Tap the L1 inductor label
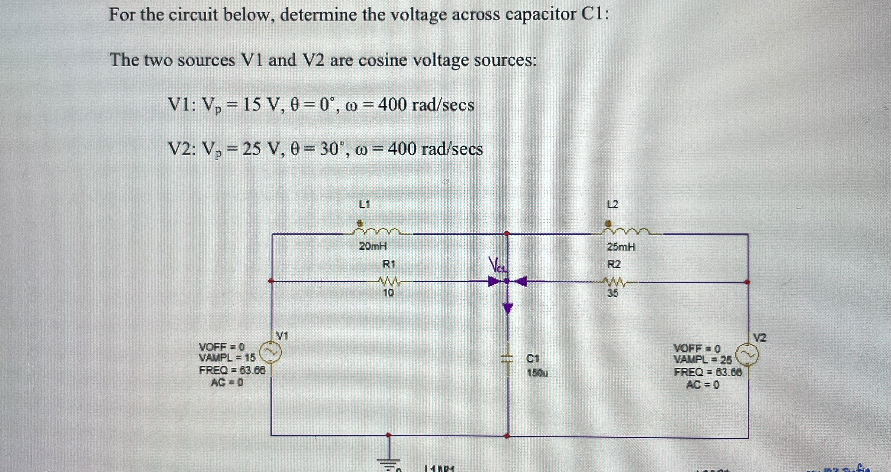pyautogui.click(x=365, y=204)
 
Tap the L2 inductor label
pyautogui.click(x=613, y=204)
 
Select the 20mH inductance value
pyautogui.click(x=373, y=246)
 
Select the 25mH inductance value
pyautogui.click(x=621, y=247)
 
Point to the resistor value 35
pyautogui.click(x=613, y=294)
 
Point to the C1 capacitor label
pyautogui.click(x=533, y=358)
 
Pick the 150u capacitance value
pyautogui.click(x=537, y=373)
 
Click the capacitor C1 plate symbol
pyautogui.click(x=507, y=358)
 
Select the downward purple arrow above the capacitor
pyautogui.click(x=507, y=308)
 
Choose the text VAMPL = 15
pyautogui.click(x=227, y=358)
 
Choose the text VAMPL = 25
pyautogui.click(x=702, y=360)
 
